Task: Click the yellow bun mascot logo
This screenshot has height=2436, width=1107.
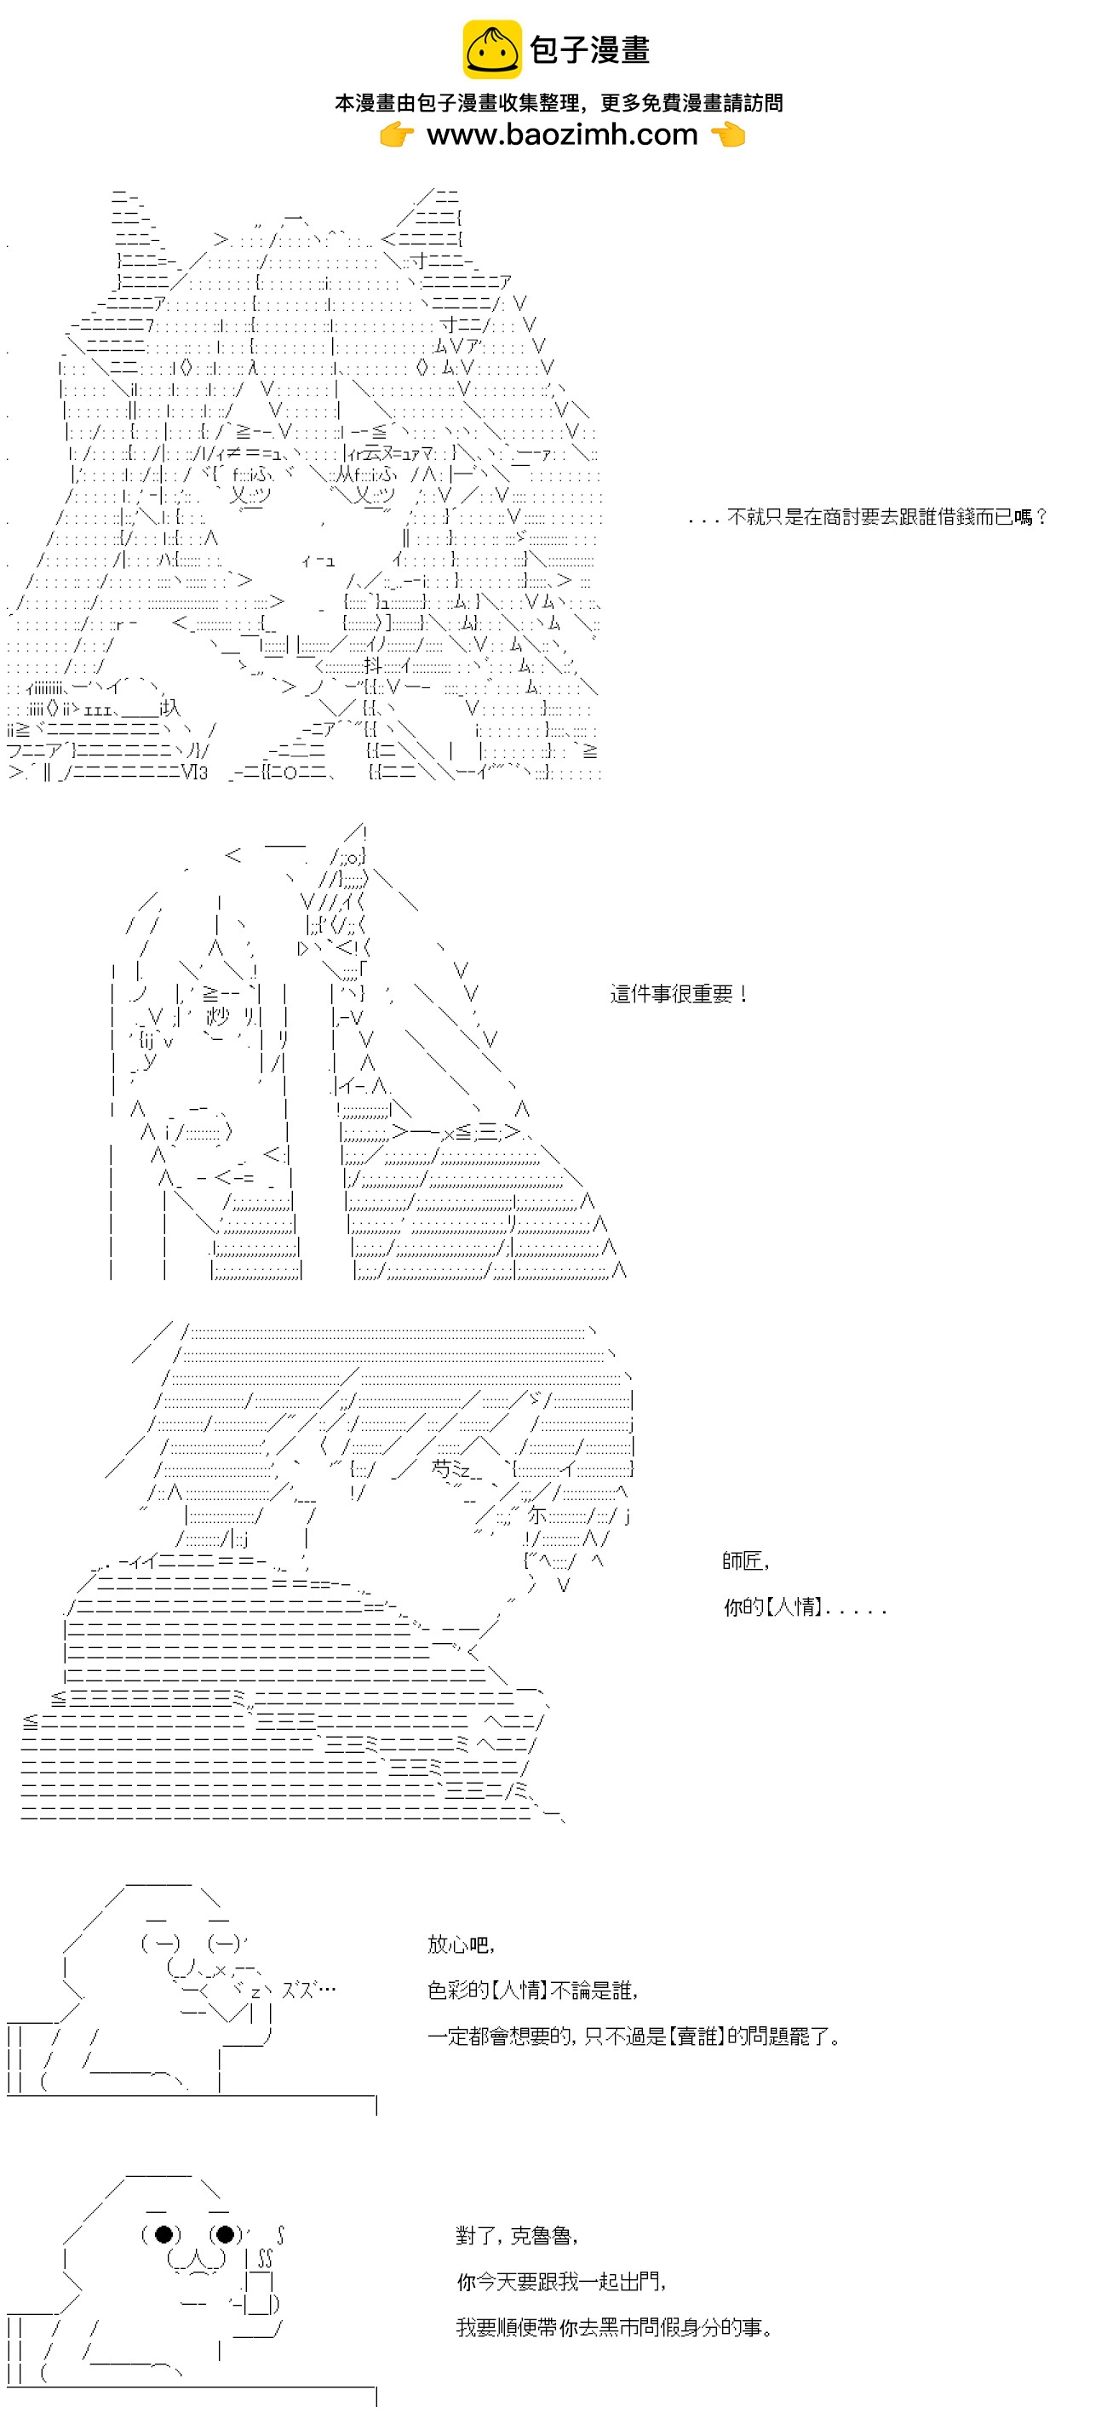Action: (490, 49)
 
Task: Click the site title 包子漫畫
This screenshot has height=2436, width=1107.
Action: (590, 50)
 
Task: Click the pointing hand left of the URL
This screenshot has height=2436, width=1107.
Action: (397, 135)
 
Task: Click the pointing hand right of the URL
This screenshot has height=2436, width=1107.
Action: (727, 135)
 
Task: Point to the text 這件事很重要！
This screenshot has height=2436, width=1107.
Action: (680, 994)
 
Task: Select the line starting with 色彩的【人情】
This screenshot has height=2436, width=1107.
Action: (532, 1991)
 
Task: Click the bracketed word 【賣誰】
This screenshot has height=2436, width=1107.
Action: (697, 2036)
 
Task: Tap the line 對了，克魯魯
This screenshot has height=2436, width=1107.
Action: (516, 2236)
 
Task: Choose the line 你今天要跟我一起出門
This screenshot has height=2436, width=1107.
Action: (560, 2282)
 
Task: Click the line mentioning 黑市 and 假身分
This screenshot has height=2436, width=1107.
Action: (615, 2327)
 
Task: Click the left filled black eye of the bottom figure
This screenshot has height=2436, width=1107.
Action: (163, 2233)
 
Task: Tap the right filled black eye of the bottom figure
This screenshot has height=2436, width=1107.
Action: (225, 2233)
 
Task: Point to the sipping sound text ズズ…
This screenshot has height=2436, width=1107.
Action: (308, 1990)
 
